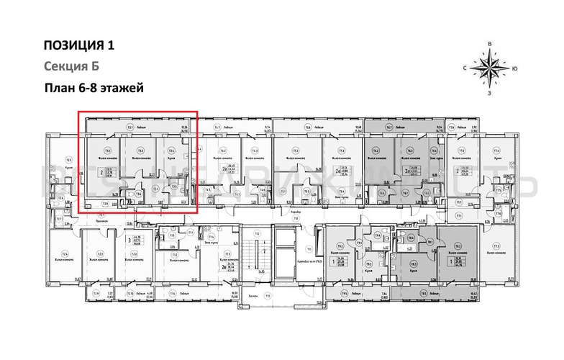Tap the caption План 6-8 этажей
[94, 89]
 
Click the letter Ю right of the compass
[515, 69]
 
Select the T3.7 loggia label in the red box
[130, 127]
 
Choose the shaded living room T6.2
[376, 151]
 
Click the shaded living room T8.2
[458, 246]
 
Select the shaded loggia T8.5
[424, 294]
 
